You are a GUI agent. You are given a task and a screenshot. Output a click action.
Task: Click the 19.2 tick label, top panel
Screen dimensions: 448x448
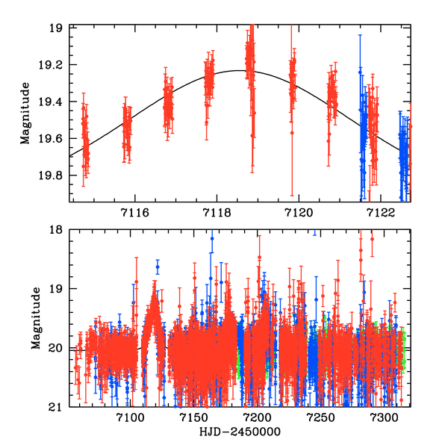[53, 65]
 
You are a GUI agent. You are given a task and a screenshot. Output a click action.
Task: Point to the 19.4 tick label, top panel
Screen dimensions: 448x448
[53, 102]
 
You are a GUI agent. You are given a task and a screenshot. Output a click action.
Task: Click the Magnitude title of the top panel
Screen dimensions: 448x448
[26, 113]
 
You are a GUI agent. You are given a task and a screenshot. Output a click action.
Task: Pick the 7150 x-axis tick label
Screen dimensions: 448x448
[193, 418]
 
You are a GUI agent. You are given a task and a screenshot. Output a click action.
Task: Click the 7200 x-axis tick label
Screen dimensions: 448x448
[257, 418]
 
